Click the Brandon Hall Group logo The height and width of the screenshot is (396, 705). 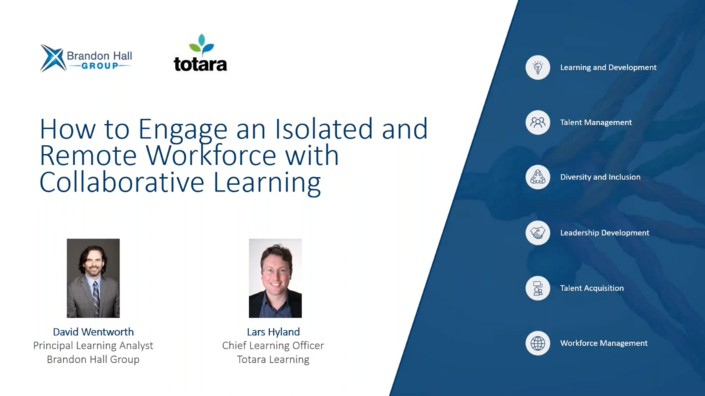coord(86,58)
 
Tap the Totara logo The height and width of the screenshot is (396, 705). coord(200,53)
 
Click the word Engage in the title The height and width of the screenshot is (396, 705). coord(182,130)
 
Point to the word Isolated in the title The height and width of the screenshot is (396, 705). coord(324,129)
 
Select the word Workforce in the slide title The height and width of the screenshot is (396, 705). coord(211,155)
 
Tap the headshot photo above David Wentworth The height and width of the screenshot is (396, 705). coord(93,278)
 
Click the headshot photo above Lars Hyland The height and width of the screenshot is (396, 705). coord(275,278)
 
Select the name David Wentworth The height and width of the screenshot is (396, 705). coord(93,332)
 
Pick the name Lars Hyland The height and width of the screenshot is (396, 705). coord(273,332)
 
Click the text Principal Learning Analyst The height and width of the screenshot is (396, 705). coord(93,346)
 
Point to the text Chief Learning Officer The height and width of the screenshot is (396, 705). coord(273,346)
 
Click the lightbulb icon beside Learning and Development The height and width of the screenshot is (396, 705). coord(538,67)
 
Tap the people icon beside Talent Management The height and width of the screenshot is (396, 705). coord(538,122)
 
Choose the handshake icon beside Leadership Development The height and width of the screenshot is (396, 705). coord(538,232)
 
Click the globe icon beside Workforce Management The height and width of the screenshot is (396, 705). coord(538,343)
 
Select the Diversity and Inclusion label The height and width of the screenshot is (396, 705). coord(600,177)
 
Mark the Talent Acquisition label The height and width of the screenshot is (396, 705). coord(591,288)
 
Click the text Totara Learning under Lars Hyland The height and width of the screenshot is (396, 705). coord(273,360)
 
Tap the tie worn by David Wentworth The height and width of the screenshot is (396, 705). coord(96,298)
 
